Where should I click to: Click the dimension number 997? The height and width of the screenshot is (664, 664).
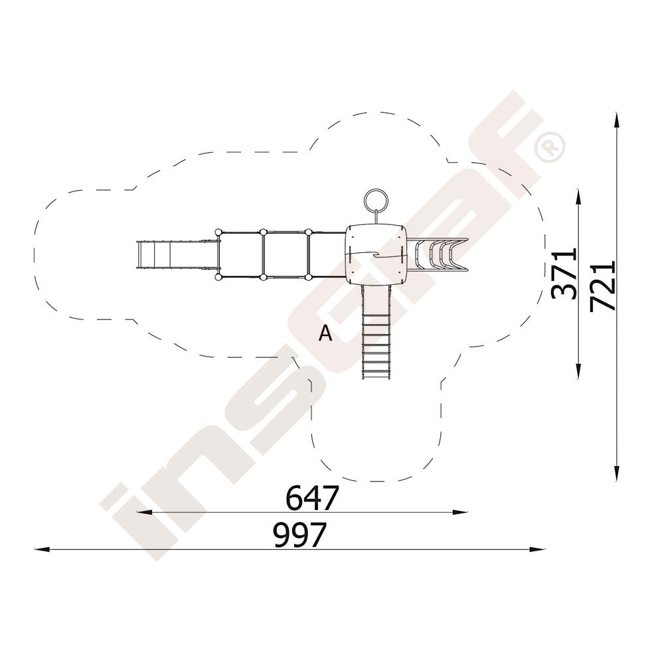300,535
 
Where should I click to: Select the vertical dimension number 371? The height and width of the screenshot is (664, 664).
564,274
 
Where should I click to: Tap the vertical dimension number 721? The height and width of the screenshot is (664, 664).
602,286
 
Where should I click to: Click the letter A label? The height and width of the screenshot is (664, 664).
325,333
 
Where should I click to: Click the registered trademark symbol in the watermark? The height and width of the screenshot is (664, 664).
549,147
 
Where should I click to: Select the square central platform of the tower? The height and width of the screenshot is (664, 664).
376,254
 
